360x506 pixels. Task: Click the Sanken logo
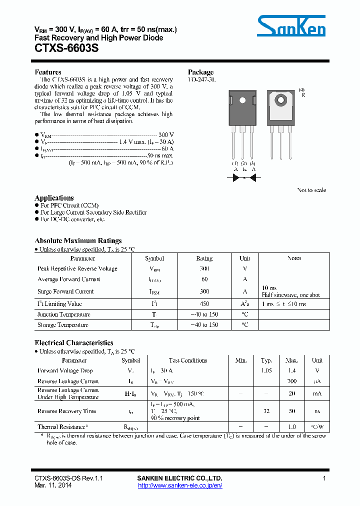click(291, 26)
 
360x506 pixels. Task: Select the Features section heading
click(48, 72)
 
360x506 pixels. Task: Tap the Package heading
click(200, 72)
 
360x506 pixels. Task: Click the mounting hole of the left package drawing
click(242, 100)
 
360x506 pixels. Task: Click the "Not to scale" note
click(311, 190)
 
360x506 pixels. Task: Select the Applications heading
click(54, 198)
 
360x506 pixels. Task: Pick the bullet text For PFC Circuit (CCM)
click(69, 205)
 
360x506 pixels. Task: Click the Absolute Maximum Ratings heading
click(78, 241)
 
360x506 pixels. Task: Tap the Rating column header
click(204, 258)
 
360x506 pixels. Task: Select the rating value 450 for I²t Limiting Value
click(204, 303)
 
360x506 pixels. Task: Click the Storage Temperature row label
click(63, 325)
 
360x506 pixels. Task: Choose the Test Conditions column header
click(188, 360)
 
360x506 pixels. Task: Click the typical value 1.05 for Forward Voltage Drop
click(266, 370)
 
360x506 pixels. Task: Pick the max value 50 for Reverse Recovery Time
click(292, 411)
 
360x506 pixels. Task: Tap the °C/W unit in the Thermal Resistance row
click(317, 427)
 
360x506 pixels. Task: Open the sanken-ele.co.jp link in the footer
click(179, 485)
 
